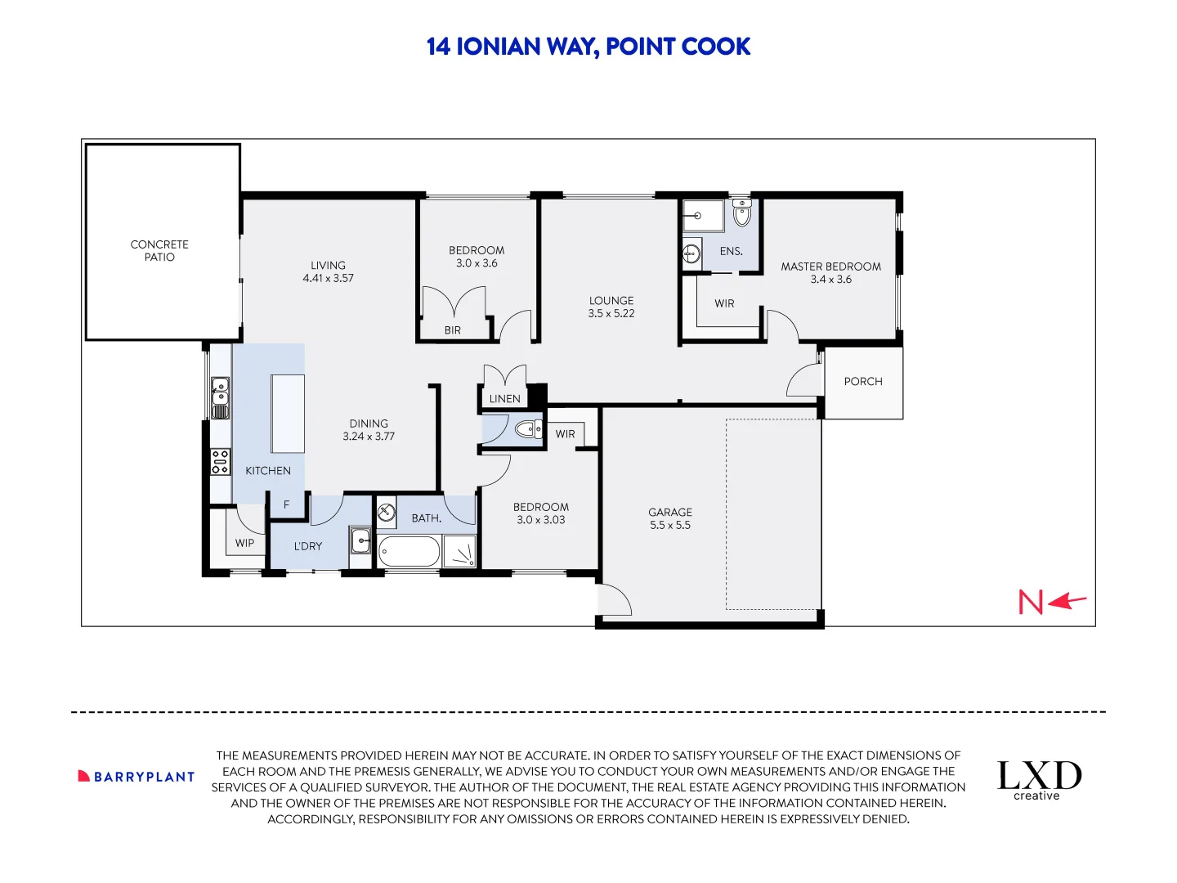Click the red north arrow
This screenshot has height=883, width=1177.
pyautogui.click(x=1067, y=602)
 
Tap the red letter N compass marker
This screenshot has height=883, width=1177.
pyautogui.click(x=1031, y=603)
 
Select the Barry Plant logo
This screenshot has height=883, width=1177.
pyautogui.click(x=136, y=777)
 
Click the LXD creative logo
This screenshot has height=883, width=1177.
pyautogui.click(x=1039, y=780)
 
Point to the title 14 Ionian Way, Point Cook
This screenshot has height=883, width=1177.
pyautogui.click(x=588, y=47)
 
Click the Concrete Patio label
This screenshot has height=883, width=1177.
pyautogui.click(x=159, y=250)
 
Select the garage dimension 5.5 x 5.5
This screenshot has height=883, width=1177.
pyautogui.click(x=670, y=525)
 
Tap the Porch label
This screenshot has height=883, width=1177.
pyautogui.click(x=863, y=381)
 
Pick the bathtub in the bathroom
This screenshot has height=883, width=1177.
pyautogui.click(x=409, y=552)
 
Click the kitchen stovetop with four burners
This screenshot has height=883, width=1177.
pyautogui.click(x=221, y=462)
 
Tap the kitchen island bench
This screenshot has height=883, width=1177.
pyautogui.click(x=288, y=413)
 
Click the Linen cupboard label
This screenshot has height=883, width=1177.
pyautogui.click(x=504, y=399)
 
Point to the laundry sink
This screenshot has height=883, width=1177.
pyautogui.click(x=360, y=540)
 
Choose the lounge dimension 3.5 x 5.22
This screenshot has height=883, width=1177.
pyautogui.click(x=611, y=313)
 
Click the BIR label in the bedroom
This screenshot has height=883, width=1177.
pyautogui.click(x=453, y=330)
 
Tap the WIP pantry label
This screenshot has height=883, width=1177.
pyautogui.click(x=244, y=543)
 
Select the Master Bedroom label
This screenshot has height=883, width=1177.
pyautogui.click(x=830, y=267)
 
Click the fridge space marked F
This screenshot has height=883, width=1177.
pyautogui.click(x=286, y=504)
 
